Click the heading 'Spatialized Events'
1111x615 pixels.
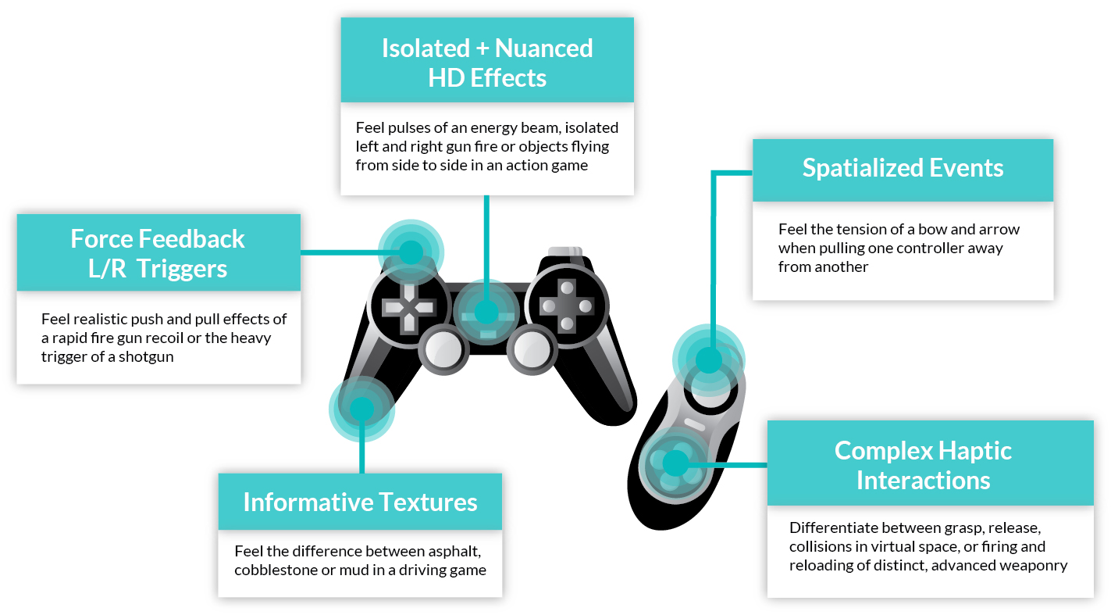903,169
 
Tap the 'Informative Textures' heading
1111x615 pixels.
360,502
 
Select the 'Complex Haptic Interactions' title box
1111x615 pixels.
923,465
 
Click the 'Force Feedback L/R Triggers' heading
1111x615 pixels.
158,253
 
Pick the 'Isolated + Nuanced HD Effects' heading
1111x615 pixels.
487,63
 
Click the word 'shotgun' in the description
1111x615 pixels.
148,356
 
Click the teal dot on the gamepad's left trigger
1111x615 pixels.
411,252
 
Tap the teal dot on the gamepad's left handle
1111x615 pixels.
361,408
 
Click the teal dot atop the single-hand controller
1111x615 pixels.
708,360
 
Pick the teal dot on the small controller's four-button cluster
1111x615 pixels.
672,463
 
